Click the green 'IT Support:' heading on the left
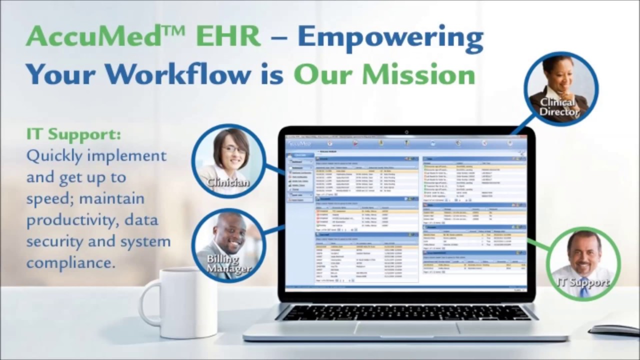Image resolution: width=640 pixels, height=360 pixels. [73, 134]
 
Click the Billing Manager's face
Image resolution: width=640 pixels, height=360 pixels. [229, 234]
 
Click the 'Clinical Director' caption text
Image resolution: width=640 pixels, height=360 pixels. [558, 107]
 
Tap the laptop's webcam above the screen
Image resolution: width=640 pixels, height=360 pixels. [406, 132]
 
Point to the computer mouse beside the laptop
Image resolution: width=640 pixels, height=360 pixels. [614, 330]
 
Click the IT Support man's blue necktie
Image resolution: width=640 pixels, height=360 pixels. [583, 287]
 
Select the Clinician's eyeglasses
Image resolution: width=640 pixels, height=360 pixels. [233, 149]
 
